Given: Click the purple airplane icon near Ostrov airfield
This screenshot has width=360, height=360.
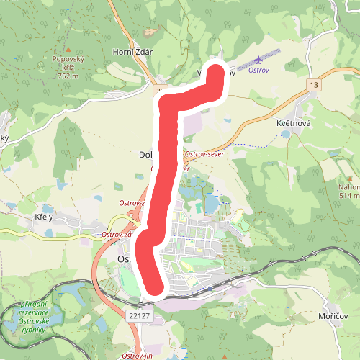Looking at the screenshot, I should [x=258, y=61].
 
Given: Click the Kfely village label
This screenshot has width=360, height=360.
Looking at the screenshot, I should [x=46, y=217].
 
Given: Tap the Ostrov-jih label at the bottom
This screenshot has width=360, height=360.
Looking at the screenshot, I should [x=138, y=356].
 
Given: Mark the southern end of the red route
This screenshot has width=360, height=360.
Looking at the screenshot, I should [x=153, y=287].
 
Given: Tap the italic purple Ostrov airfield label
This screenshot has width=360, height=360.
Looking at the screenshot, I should [x=258, y=71].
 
